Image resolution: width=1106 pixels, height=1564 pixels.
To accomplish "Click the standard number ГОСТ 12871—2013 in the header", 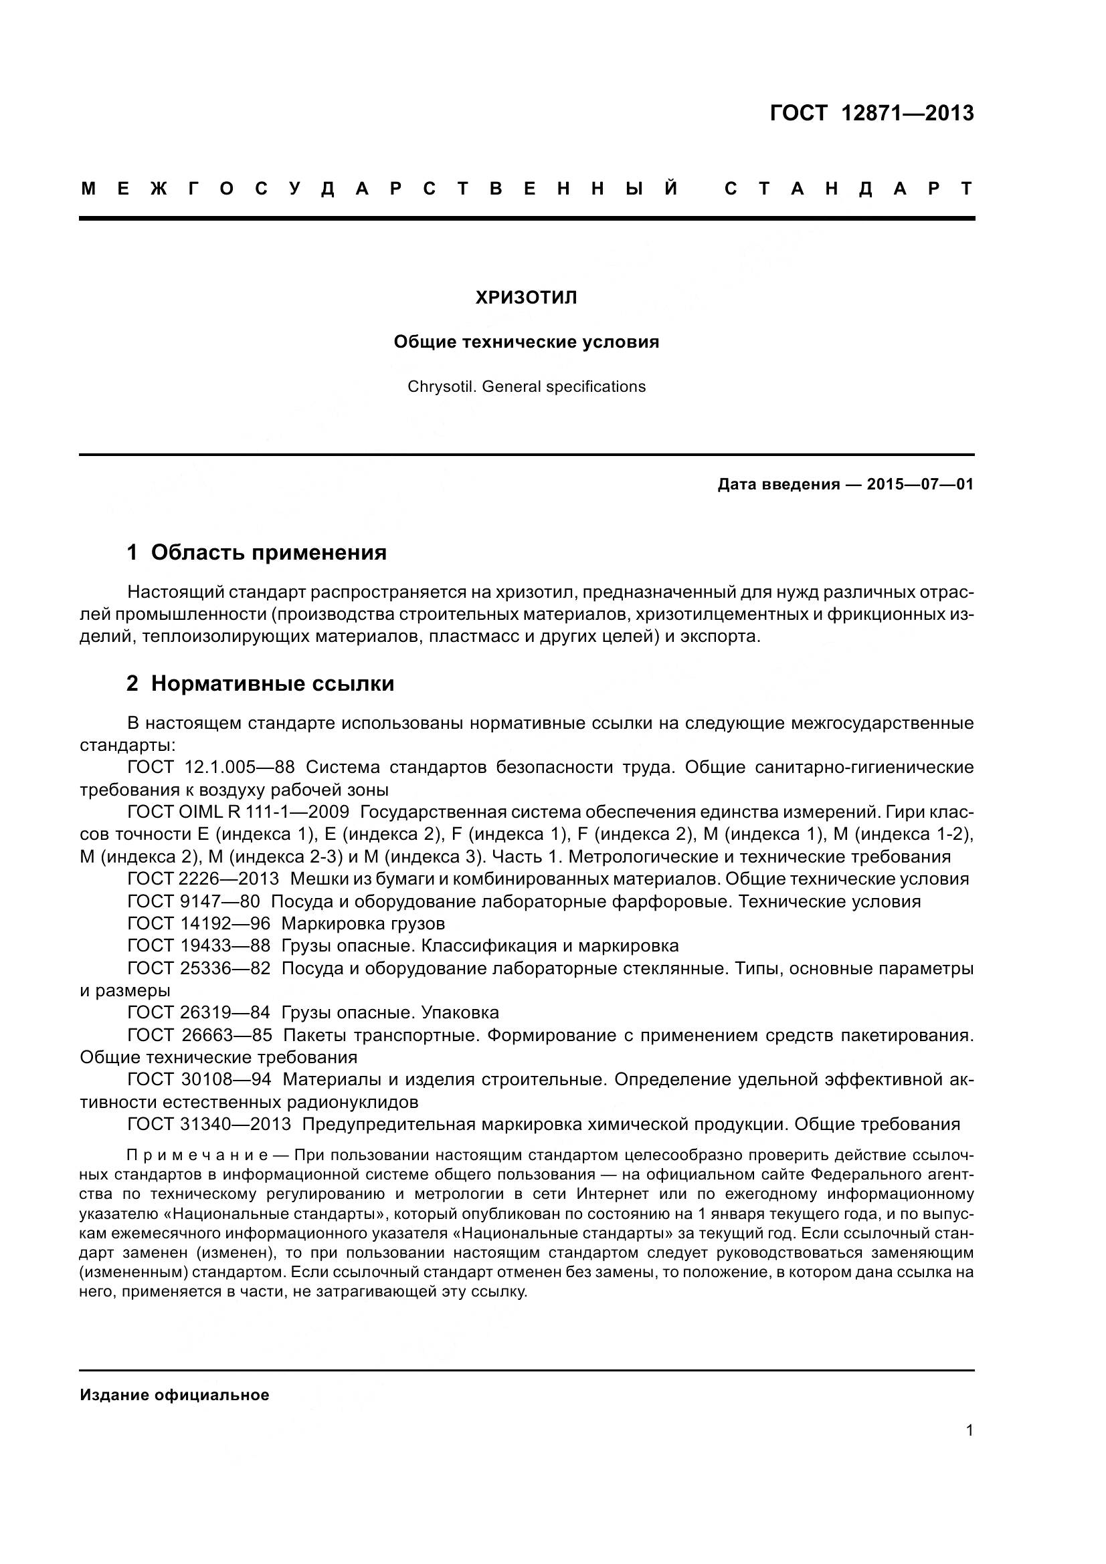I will click(872, 113).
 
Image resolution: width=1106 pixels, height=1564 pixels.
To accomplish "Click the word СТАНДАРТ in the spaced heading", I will click(849, 189).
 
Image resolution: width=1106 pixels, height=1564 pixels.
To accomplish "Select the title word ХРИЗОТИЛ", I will click(526, 298).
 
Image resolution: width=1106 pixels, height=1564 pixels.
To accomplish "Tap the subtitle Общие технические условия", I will click(526, 342).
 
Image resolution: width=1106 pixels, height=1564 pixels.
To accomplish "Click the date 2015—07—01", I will click(920, 485).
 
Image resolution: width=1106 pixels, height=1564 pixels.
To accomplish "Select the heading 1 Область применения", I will click(256, 552).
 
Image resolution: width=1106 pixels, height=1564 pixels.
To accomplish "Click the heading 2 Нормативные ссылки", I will click(260, 684).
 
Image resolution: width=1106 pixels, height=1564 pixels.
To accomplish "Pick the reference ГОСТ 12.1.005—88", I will click(211, 768).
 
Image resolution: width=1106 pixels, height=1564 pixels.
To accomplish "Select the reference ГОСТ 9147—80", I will click(193, 902).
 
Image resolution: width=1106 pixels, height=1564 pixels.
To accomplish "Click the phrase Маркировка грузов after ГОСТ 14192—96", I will click(363, 924).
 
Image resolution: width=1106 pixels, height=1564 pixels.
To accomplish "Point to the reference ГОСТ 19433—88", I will click(198, 946).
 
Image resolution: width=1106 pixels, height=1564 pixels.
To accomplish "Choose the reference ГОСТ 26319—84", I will click(198, 1013).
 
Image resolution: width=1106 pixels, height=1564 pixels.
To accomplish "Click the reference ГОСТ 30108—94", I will click(199, 1080).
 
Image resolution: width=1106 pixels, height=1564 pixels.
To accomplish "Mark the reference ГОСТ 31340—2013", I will click(209, 1125).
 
